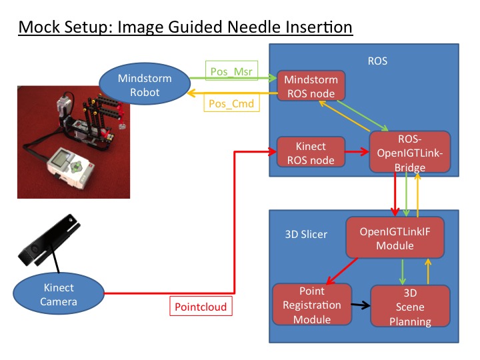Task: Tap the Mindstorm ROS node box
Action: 311,87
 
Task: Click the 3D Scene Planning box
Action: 409,306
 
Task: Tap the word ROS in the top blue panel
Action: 377,61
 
